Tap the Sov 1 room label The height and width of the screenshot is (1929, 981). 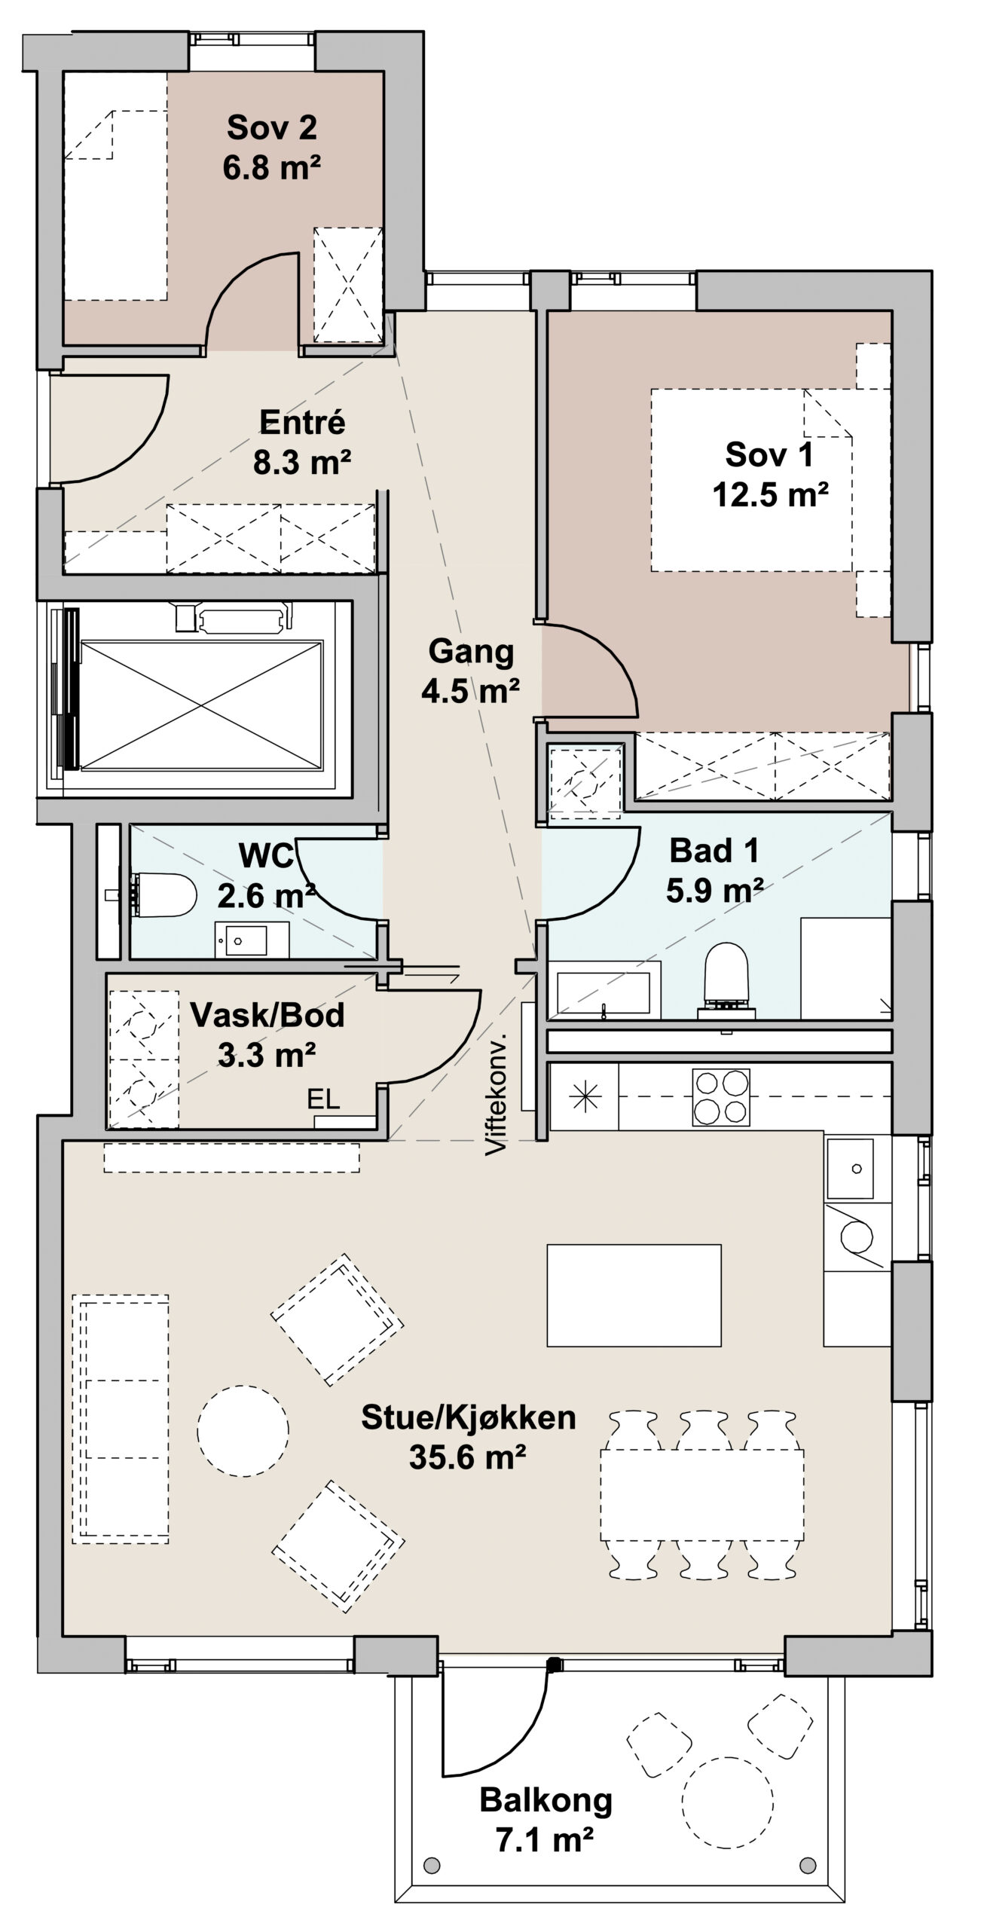coord(769,454)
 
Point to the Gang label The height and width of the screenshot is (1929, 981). coord(471,652)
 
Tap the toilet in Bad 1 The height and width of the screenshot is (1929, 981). coord(726,980)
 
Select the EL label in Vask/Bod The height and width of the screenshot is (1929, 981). coord(323,1099)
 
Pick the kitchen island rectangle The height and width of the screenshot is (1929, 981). coord(634,1295)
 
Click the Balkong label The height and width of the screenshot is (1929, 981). coord(546,1802)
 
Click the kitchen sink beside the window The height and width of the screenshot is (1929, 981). coord(850,1169)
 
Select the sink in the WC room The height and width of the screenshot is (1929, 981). coord(252,940)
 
